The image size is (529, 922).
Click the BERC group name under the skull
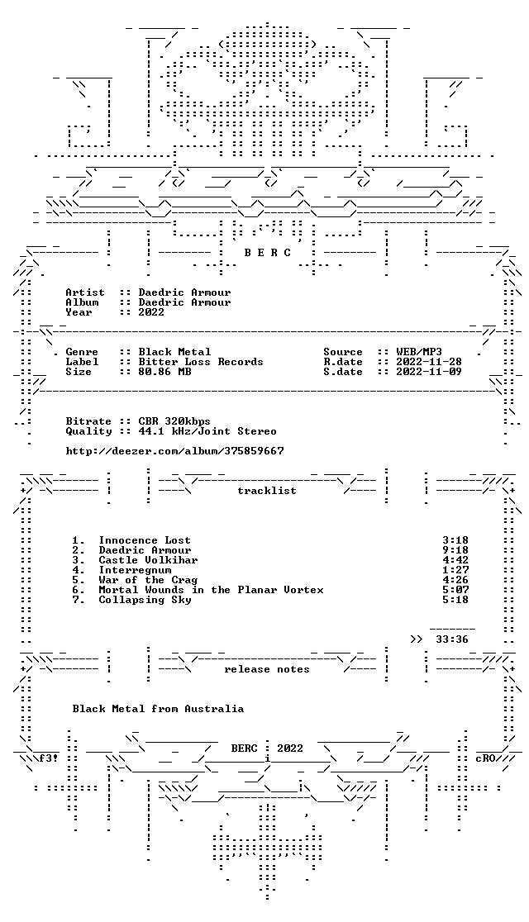tap(268, 253)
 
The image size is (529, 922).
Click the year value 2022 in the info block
tap(152, 312)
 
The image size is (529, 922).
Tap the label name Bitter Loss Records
tap(201, 362)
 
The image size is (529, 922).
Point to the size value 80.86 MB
tap(164, 372)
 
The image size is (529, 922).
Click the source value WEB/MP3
tap(419, 352)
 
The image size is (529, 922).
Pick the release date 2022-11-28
tap(429, 362)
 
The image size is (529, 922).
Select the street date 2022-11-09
tap(429, 372)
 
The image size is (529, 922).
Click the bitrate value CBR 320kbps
tap(174, 421)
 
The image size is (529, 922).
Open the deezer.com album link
tap(174, 451)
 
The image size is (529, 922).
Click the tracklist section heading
tap(267, 491)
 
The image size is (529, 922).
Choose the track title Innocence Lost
tap(145, 540)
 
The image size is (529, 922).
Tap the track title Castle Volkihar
tap(148, 560)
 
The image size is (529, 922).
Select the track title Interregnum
tap(135, 570)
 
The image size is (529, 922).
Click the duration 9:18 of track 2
tap(455, 550)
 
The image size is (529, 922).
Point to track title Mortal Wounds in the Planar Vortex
tap(212, 590)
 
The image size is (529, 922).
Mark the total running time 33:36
tap(452, 639)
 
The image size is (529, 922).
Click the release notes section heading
tap(267, 669)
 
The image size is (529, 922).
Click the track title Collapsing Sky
tap(145, 600)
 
